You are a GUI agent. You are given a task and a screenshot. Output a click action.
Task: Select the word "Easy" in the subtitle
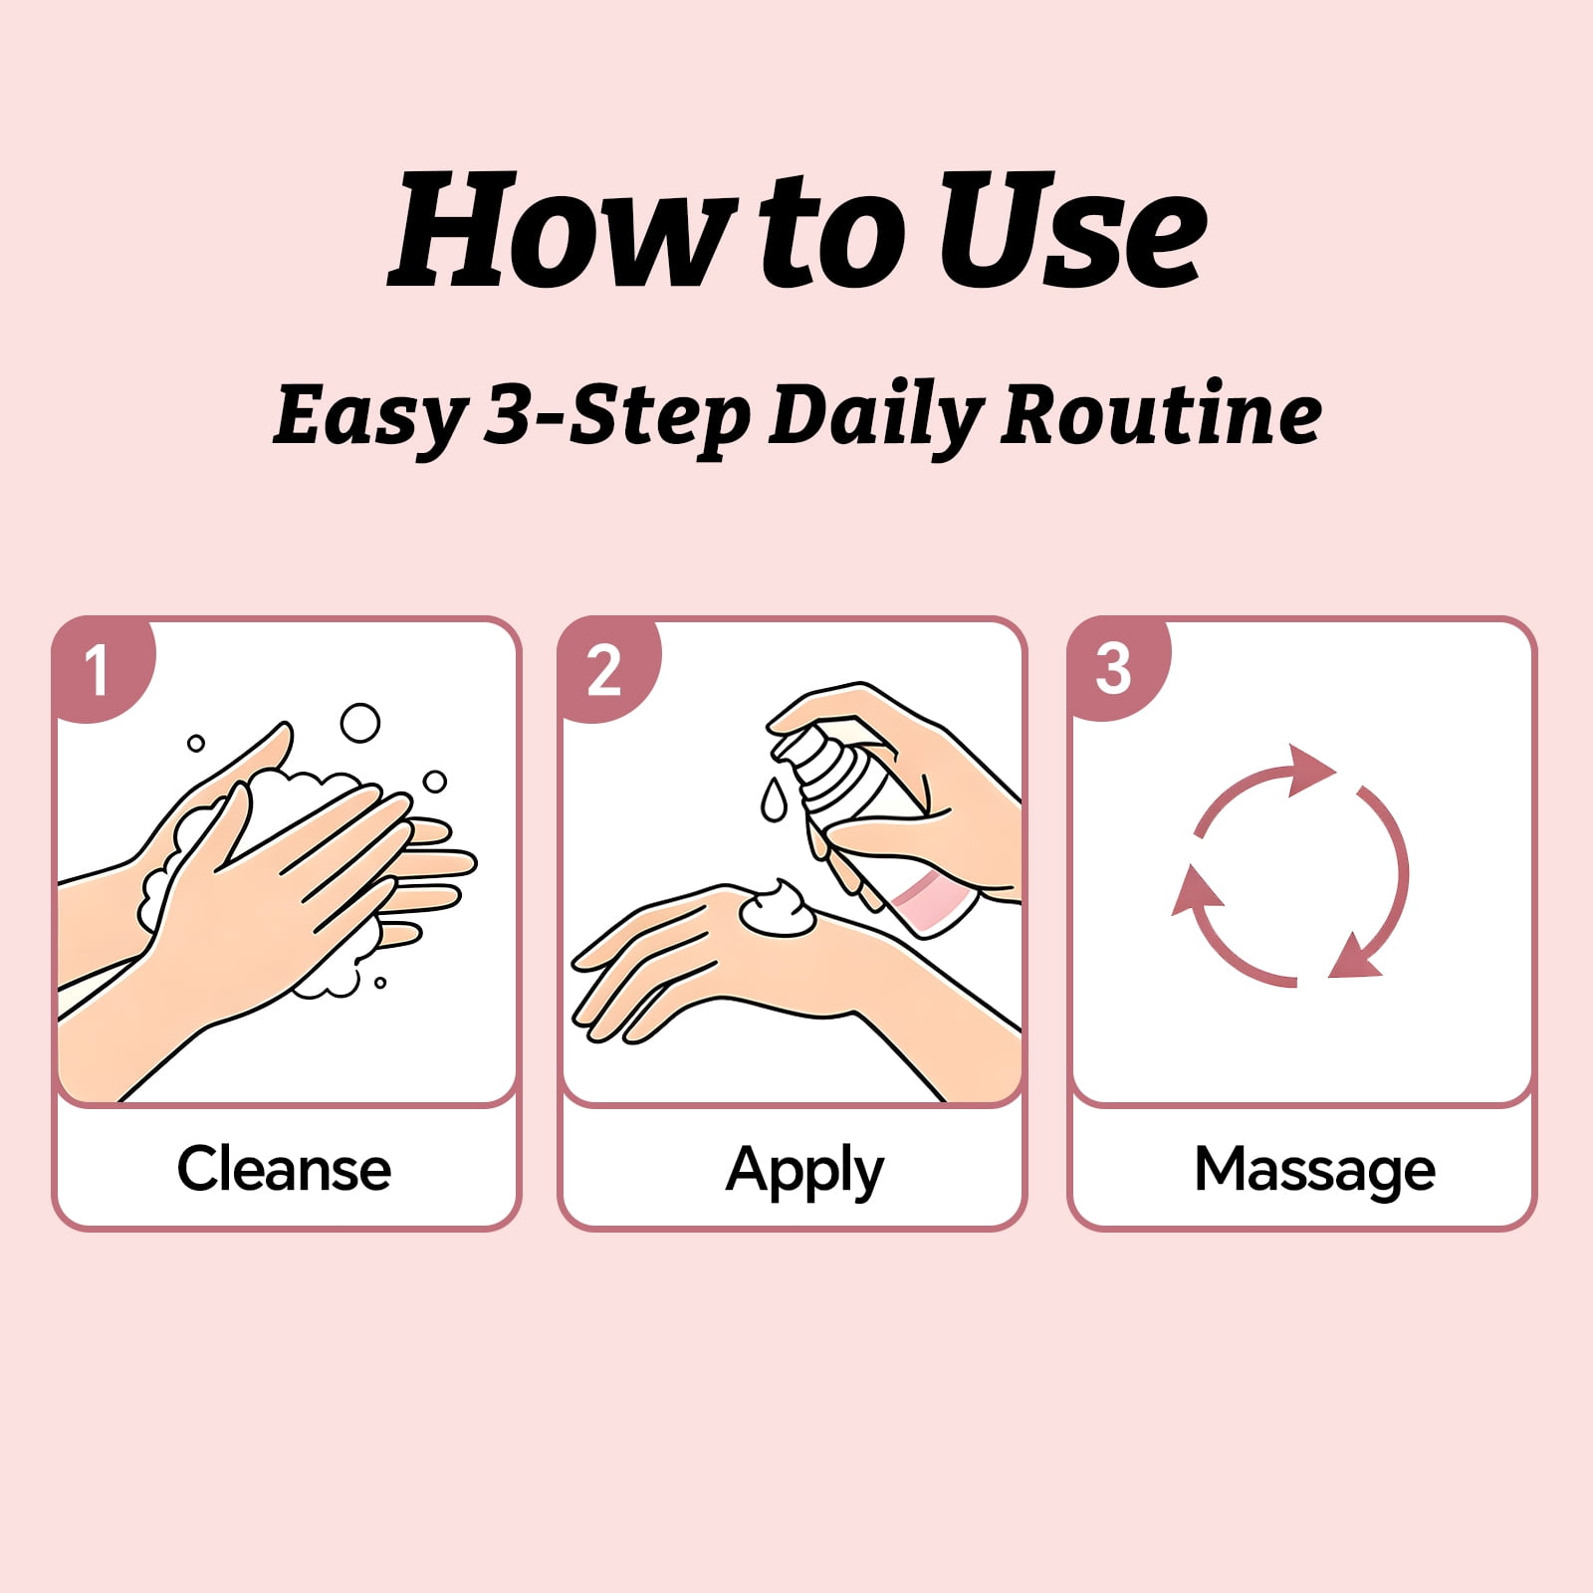pos(369,416)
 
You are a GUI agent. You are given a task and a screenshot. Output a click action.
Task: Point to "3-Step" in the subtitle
pos(617,416)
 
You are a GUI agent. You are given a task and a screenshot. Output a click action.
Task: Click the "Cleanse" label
pos(284,1169)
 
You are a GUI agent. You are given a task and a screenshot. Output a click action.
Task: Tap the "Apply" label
pos(804,1171)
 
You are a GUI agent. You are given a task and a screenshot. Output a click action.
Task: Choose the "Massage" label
pos(1314,1171)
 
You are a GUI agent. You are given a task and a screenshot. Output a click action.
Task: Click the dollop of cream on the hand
pos(778,909)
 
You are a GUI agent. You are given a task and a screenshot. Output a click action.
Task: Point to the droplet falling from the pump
pos(774,799)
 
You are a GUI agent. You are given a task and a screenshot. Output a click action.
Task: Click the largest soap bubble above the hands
pos(359,724)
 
